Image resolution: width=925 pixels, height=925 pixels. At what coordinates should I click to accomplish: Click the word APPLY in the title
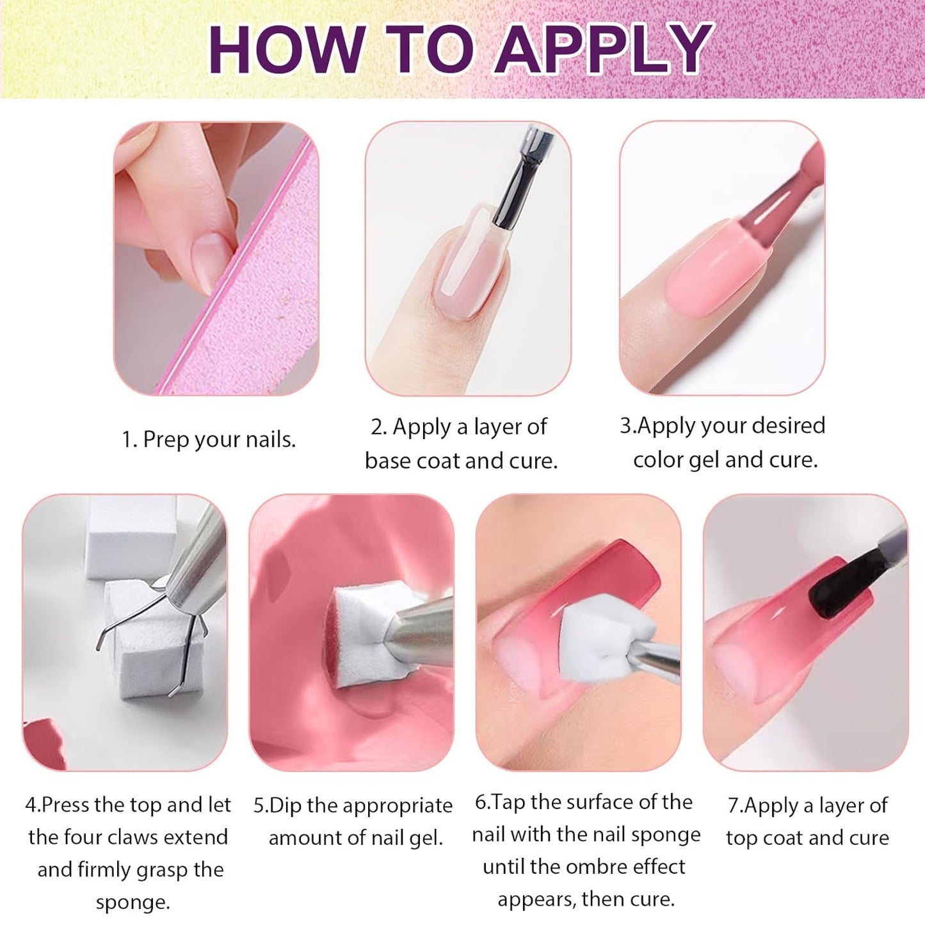click(x=604, y=49)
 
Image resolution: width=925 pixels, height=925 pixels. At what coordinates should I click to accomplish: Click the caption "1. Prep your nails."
click(x=209, y=440)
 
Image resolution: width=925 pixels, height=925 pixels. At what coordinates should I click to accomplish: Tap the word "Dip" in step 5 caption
click(x=286, y=805)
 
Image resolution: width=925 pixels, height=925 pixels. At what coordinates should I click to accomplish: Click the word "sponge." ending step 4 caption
click(x=133, y=903)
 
